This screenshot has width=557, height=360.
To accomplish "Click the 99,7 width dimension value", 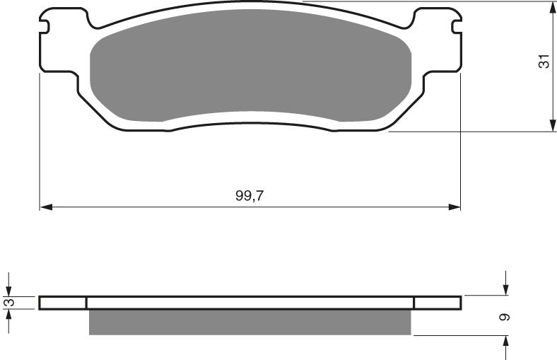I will pyautogui.click(x=250, y=197).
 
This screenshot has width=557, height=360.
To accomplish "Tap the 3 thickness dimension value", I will pyautogui.click(x=8, y=303).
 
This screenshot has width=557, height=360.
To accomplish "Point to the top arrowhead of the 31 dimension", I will pyautogui.click(x=551, y=7).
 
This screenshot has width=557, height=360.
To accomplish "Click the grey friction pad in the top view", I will pyautogui.click(x=251, y=78).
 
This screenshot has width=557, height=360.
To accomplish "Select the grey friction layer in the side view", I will pyautogui.click(x=250, y=322).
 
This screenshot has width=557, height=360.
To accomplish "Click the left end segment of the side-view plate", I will pyautogui.click(x=63, y=303).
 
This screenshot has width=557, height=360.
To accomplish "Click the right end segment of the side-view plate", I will pyautogui.click(x=437, y=303).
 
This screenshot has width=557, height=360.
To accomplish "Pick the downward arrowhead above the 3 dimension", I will pyautogui.click(x=8, y=290).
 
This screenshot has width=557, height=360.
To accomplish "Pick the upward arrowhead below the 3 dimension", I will pyautogui.click(x=8, y=315).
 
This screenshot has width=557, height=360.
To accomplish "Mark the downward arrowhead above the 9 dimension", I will pyautogui.click(x=506, y=289).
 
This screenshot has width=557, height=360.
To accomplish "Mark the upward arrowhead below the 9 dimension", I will pyautogui.click(x=506, y=341).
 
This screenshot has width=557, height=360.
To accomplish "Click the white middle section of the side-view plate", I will pyautogui.click(x=250, y=303).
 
